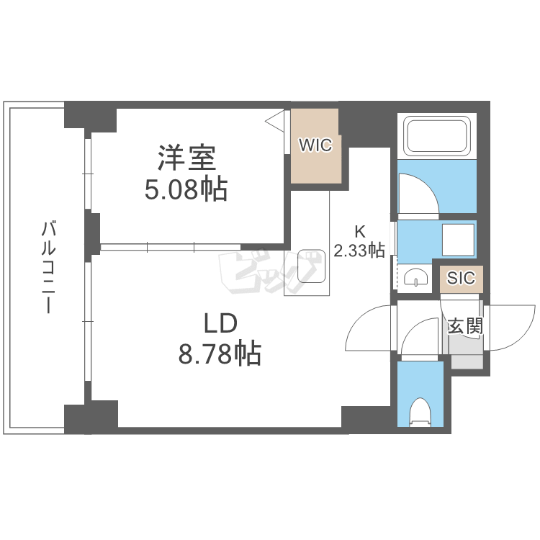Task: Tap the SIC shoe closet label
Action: (x=461, y=278)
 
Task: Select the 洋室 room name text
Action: (x=186, y=158)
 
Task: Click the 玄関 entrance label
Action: (x=464, y=326)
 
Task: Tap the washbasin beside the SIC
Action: (x=415, y=277)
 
